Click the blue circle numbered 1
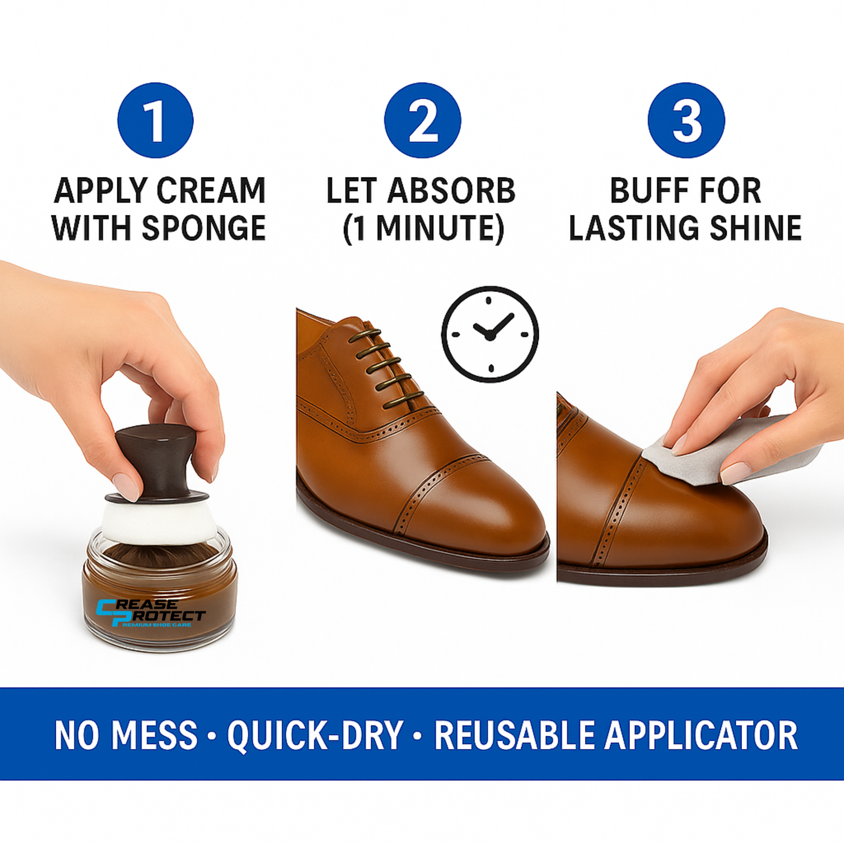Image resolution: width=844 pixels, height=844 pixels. tap(155, 120)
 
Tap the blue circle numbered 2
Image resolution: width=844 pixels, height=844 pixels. tap(422, 120)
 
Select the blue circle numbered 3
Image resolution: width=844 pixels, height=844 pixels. tap(686, 120)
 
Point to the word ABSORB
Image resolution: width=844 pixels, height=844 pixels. tap(452, 191)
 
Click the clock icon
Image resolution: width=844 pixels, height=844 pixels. tap(490, 334)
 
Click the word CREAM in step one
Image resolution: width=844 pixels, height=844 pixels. tap(211, 191)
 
